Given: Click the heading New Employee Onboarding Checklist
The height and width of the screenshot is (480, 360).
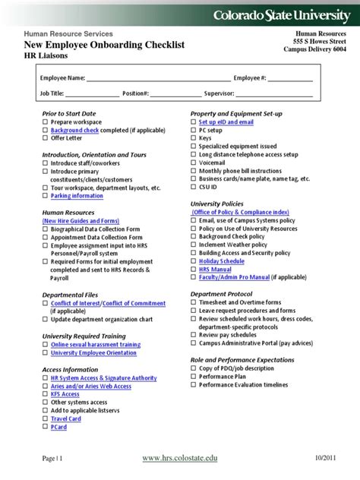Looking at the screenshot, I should (105, 46).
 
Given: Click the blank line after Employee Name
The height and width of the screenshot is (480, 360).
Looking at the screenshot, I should (159, 78).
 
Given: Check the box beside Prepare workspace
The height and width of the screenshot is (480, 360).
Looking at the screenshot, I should (45, 122).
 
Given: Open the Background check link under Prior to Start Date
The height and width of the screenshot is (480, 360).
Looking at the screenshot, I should (75, 131).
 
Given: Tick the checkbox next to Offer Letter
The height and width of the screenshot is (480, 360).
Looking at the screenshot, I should (45, 139).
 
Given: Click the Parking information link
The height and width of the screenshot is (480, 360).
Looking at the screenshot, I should (77, 196).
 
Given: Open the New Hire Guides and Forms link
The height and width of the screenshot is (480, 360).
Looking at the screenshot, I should (80, 221).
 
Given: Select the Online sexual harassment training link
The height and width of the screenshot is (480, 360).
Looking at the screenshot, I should (96, 345).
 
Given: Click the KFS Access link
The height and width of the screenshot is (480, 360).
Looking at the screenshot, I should (65, 394).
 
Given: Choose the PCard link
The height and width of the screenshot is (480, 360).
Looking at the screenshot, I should (58, 428).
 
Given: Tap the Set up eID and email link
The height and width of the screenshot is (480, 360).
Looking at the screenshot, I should (226, 122).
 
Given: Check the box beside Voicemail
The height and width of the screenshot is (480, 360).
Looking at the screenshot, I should (193, 163).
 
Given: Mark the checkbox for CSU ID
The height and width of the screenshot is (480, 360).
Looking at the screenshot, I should (193, 188).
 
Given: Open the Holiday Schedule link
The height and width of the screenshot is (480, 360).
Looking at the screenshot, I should (222, 261).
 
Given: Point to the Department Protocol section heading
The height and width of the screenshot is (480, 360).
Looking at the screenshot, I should (221, 294).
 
